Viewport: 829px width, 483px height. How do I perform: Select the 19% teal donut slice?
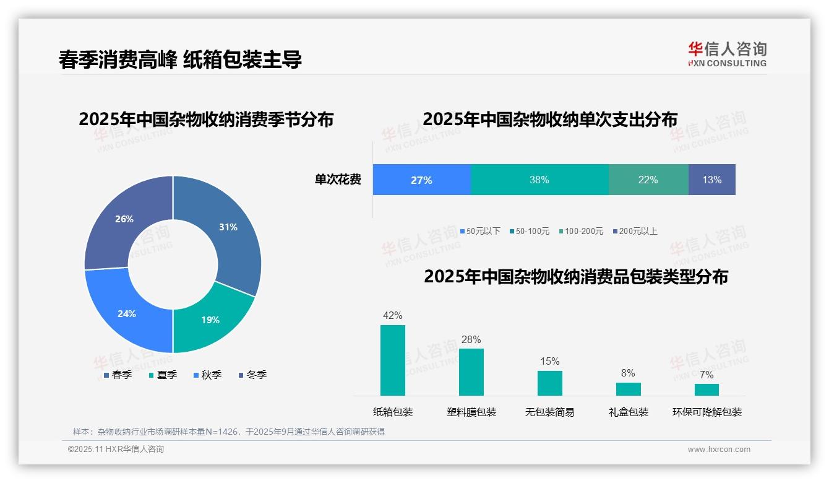[210, 319]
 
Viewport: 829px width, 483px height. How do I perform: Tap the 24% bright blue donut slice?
[127, 313]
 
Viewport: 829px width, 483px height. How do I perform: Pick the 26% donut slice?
[124, 219]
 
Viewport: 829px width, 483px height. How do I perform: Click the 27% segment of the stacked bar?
[421, 180]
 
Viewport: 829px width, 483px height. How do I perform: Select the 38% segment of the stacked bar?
[539, 180]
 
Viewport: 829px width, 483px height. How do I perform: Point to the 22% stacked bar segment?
[648, 180]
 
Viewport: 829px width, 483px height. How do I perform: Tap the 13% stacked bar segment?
[711, 180]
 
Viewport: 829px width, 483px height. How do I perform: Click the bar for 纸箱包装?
[392, 360]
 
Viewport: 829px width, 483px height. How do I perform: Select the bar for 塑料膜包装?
[471, 372]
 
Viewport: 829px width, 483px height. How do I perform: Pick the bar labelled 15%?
[549, 383]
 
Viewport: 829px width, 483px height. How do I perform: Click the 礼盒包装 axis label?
[628, 412]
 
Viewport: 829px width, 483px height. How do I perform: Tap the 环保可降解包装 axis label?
[707, 412]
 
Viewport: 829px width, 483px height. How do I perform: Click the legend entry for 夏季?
[163, 375]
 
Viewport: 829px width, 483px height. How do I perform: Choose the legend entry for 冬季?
[252, 375]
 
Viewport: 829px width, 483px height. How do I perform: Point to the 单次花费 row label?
[338, 180]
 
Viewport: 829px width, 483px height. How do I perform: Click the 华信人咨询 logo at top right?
[727, 54]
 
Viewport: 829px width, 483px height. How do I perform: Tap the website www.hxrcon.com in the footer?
[718, 450]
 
